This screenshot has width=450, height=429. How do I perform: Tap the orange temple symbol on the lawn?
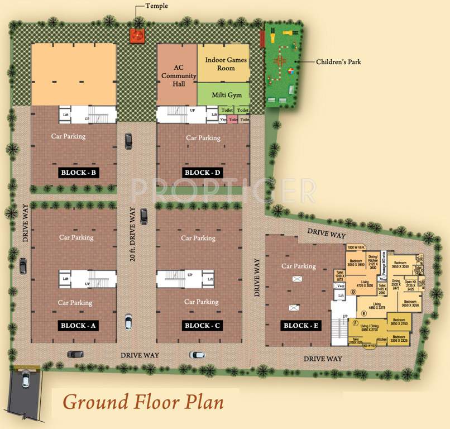(x=137, y=36)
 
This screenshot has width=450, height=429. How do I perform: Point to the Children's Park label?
(x=338, y=61)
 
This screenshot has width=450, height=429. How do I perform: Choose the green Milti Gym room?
(x=223, y=95)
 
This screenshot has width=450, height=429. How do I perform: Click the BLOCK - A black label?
(x=79, y=326)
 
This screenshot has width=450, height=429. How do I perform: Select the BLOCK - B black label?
(x=79, y=173)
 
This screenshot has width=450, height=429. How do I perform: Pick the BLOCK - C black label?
(x=203, y=326)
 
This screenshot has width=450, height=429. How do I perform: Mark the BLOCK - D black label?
(x=203, y=173)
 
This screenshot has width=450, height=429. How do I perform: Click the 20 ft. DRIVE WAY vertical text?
(x=133, y=235)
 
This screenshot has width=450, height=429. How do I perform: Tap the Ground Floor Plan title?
(x=143, y=402)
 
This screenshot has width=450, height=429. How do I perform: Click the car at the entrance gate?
(x=25, y=380)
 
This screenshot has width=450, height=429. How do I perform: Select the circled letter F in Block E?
(x=353, y=323)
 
